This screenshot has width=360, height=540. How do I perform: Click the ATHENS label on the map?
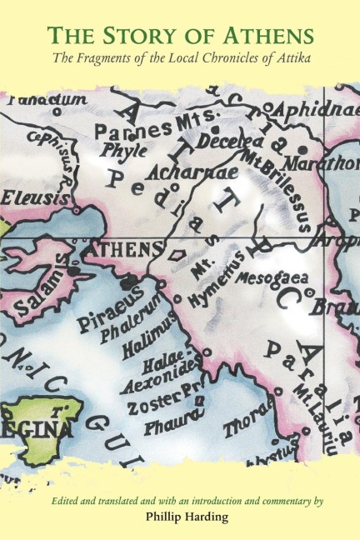pyautogui.click(x=124, y=248)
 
